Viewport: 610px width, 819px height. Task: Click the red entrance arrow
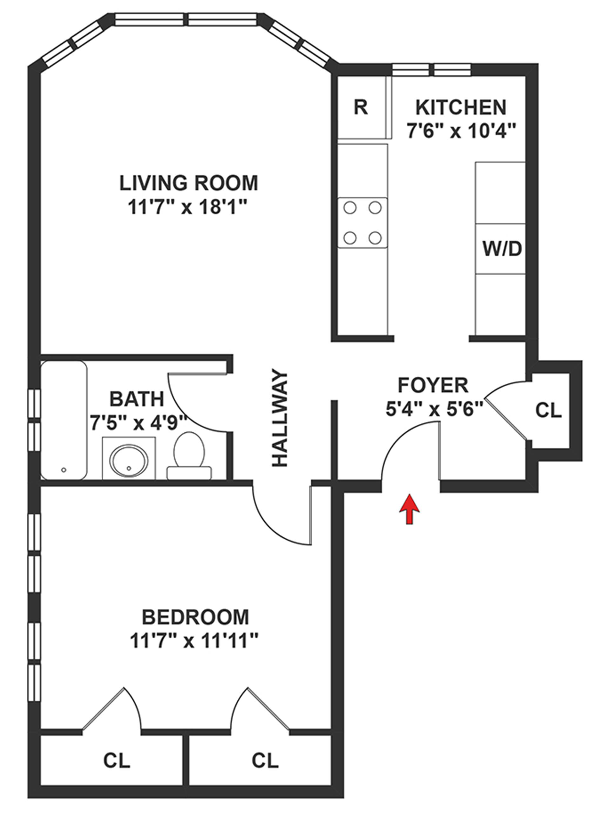pos(409,509)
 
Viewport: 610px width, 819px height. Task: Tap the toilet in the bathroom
pos(189,456)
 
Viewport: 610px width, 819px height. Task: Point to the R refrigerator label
pos(361,107)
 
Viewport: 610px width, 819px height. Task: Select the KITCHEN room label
pos(461,107)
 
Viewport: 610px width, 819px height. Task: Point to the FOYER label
pos(433,385)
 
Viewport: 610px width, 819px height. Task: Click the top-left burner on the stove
pos(350,208)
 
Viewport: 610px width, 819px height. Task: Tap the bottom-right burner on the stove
pos(375,237)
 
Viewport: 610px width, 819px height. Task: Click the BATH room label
pos(137,399)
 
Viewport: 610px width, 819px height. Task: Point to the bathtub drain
pos(64,470)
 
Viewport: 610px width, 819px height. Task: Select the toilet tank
pos(189,473)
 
